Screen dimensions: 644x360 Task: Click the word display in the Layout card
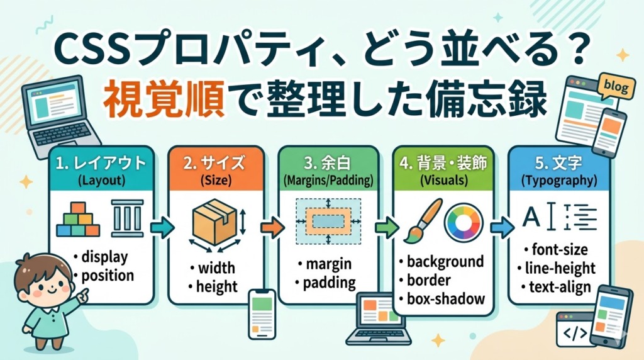[105, 257]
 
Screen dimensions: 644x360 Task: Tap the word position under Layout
[108, 275]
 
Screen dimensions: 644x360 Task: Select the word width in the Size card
[216, 268]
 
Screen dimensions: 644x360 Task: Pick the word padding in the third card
[330, 283]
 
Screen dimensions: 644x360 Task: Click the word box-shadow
[446, 299]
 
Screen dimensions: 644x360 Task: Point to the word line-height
[560, 268]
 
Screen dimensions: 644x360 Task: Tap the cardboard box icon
[215, 222]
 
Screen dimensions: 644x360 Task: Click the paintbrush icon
[423, 221]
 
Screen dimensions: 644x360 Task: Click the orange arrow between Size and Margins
[272, 227]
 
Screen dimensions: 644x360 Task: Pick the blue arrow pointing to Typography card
[502, 227]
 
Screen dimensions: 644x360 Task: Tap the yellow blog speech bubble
[615, 86]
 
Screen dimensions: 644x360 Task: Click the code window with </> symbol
[573, 331]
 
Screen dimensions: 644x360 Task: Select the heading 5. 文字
[558, 163]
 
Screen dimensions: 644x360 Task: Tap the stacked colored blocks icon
[78, 220]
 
